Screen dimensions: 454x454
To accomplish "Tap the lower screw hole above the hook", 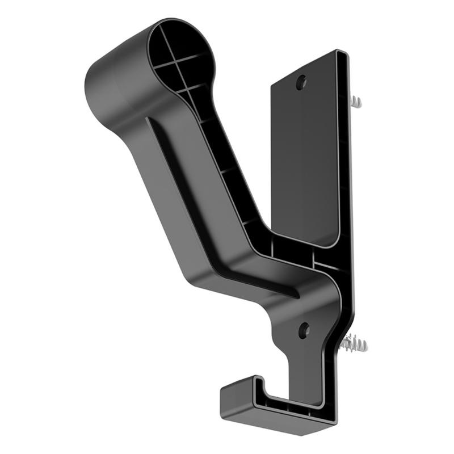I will (304, 330).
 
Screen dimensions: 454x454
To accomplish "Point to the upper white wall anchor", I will (355, 102).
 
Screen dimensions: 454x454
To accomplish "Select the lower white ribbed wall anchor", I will (355, 344).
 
